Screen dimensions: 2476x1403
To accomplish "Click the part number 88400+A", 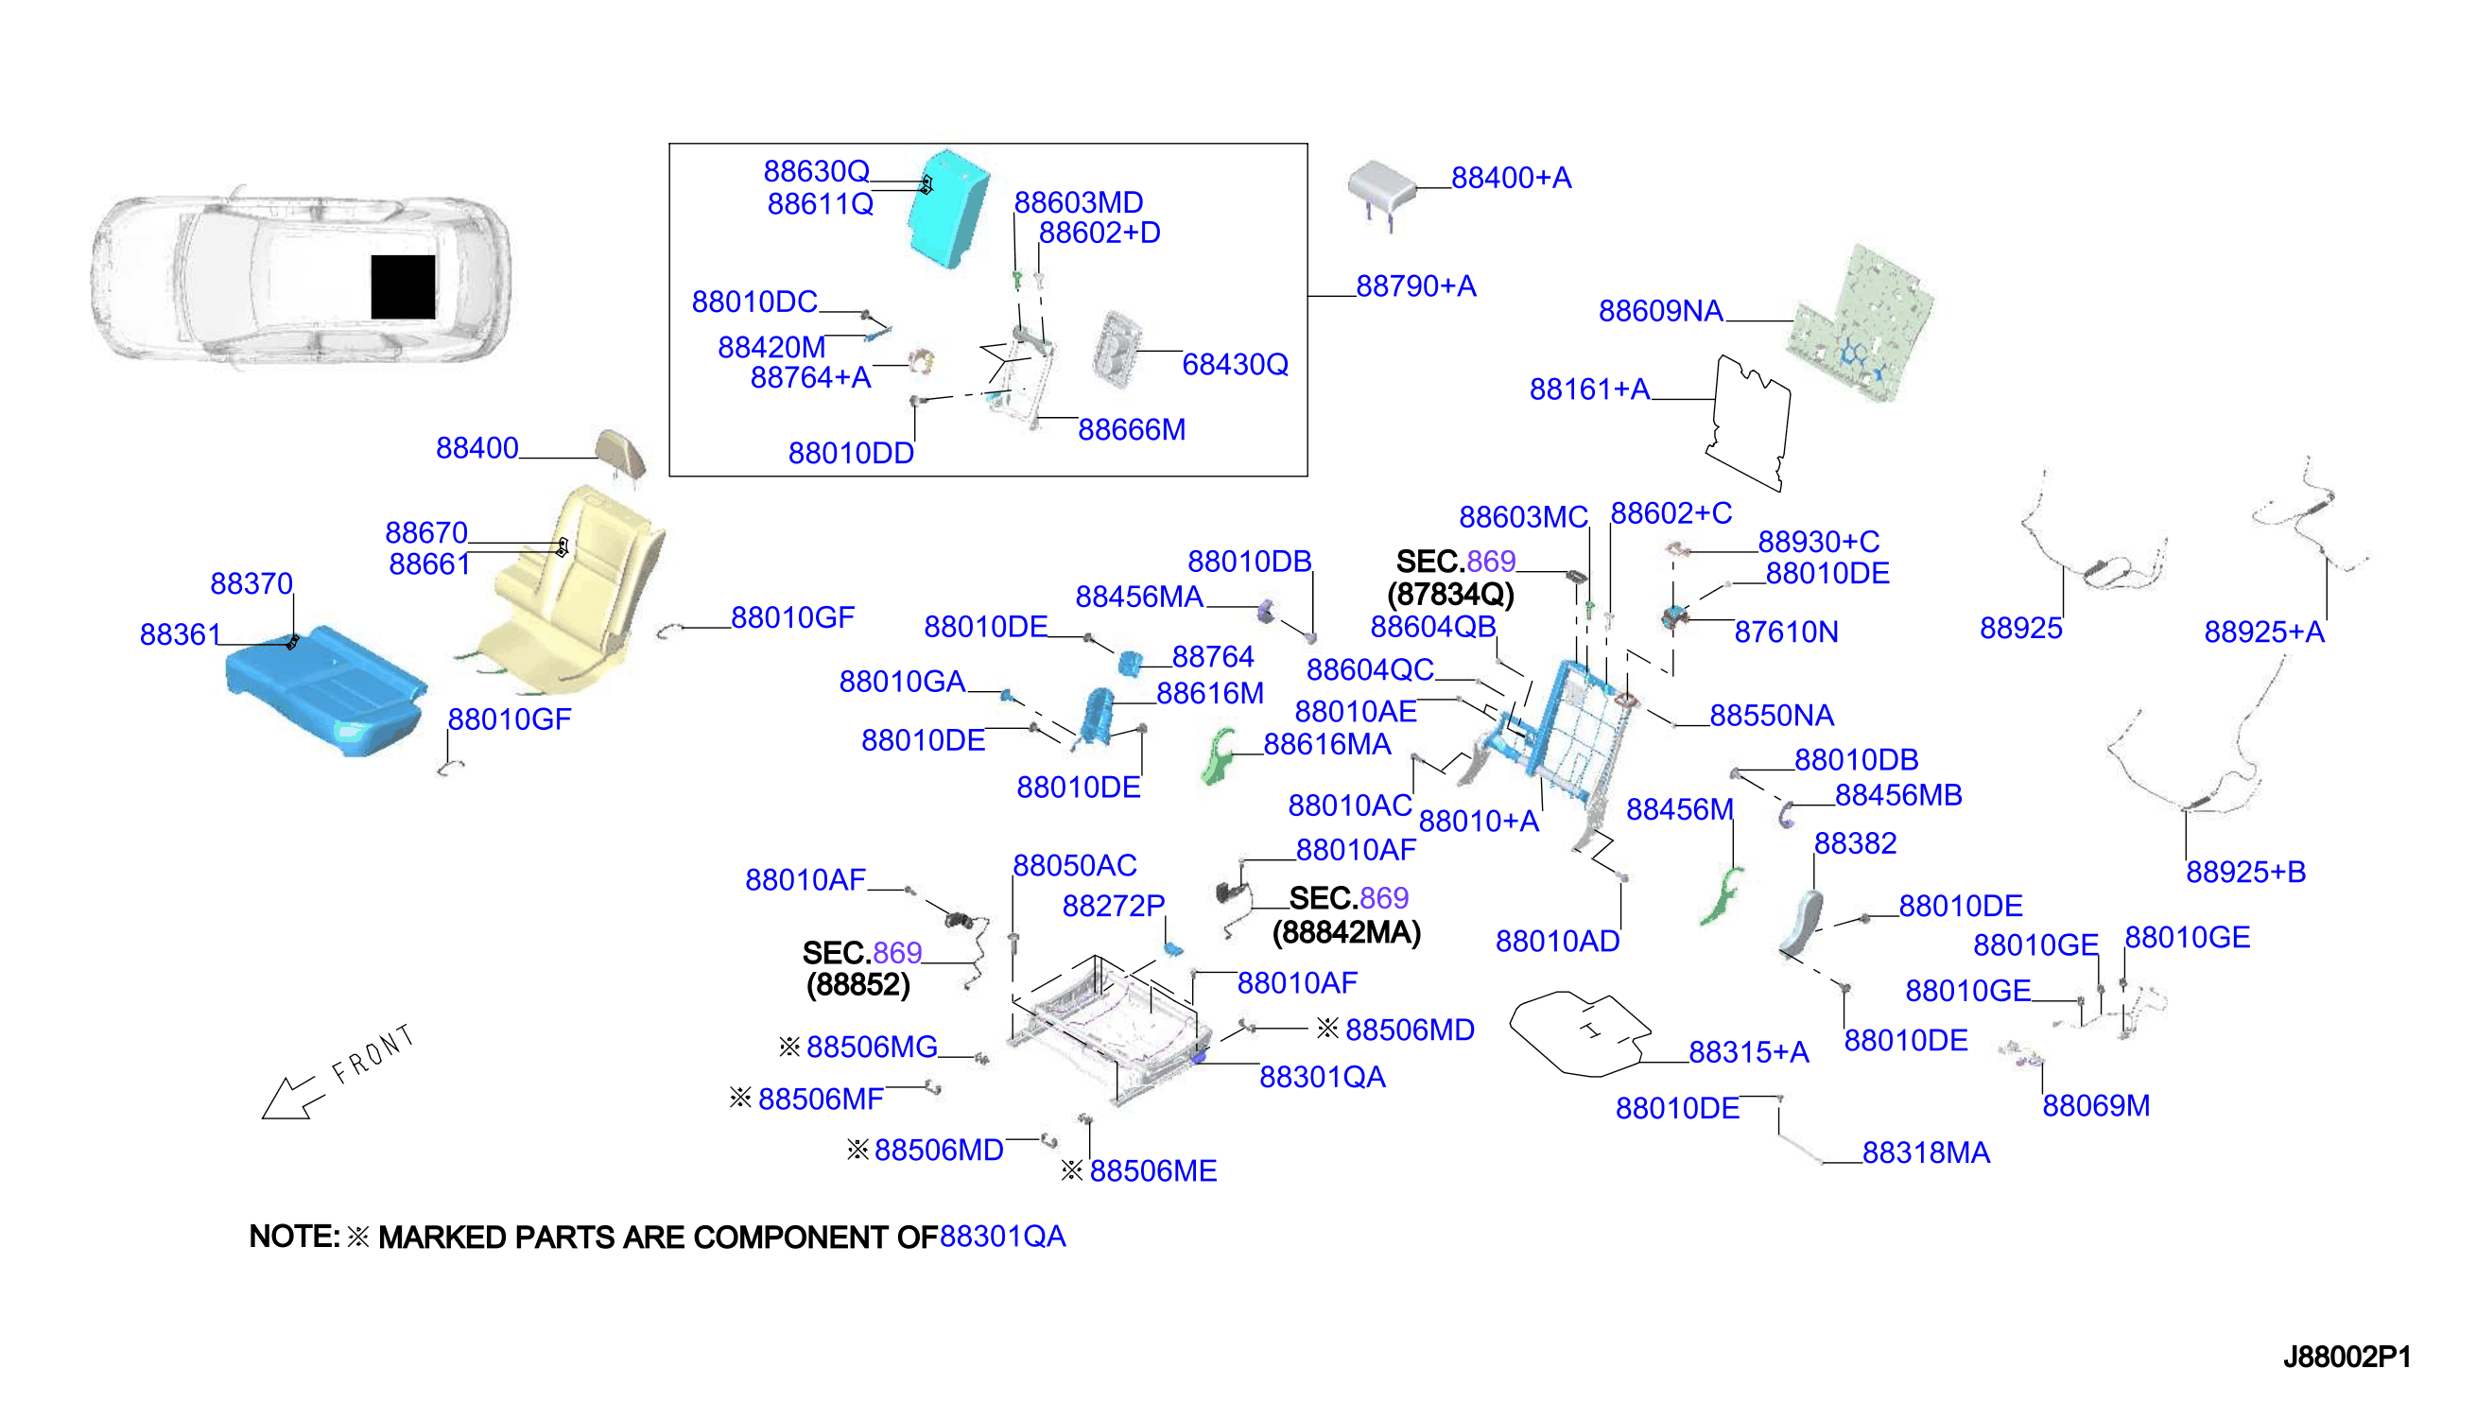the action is (x=1511, y=179).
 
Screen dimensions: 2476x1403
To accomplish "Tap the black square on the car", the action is (x=403, y=286).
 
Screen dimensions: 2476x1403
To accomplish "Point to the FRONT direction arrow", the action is (x=290, y=1098).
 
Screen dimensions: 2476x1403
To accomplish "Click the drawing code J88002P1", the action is (x=2346, y=1357).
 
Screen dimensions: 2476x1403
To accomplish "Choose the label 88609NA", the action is (x=1661, y=311).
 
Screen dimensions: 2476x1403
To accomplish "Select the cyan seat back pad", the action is (x=948, y=207).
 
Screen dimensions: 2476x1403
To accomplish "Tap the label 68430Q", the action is (x=1235, y=364).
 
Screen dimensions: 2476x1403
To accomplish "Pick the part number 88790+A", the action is (x=1415, y=286).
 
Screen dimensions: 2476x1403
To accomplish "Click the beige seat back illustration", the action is (x=563, y=588).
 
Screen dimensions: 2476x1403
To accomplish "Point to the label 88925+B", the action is (x=2245, y=872).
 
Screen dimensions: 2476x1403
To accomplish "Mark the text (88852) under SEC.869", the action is (x=857, y=985).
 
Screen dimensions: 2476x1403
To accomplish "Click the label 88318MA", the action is (x=1926, y=1152).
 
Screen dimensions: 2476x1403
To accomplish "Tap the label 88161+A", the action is (x=1589, y=390).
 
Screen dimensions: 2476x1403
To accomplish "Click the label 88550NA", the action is (x=1772, y=715).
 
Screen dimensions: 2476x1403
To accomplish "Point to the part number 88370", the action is (x=251, y=583).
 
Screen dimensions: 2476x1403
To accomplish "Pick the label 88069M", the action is (x=2096, y=1105).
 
